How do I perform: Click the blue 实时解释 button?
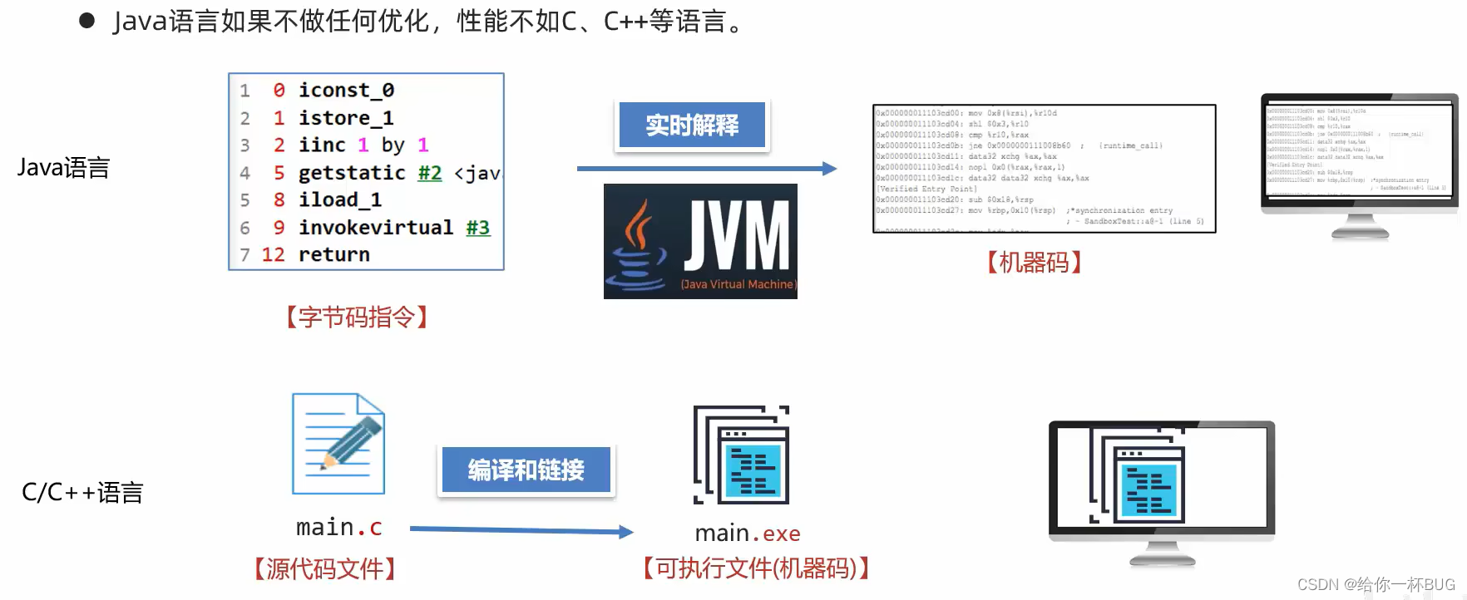[692, 125]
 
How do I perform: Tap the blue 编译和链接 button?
[526, 470]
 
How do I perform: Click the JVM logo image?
[700, 241]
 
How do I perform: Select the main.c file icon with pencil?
[338, 444]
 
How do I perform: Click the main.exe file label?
[747, 533]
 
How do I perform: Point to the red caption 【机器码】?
[1034, 263]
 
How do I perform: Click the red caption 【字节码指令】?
[357, 317]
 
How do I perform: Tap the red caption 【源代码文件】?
[324, 568]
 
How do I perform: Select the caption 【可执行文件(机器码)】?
[756, 568]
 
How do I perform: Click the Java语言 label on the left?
[64, 168]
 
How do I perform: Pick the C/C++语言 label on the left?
[82, 492]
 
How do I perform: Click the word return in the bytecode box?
[333, 254]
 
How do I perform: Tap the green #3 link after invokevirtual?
[477, 227]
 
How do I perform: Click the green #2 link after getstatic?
[429, 172]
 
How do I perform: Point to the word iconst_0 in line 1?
[346, 90]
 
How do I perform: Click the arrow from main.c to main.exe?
[521, 530]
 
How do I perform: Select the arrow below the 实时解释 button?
[706, 169]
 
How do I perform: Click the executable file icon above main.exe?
[742, 455]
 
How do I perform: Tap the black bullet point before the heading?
[86, 21]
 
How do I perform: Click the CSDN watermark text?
[1376, 584]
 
